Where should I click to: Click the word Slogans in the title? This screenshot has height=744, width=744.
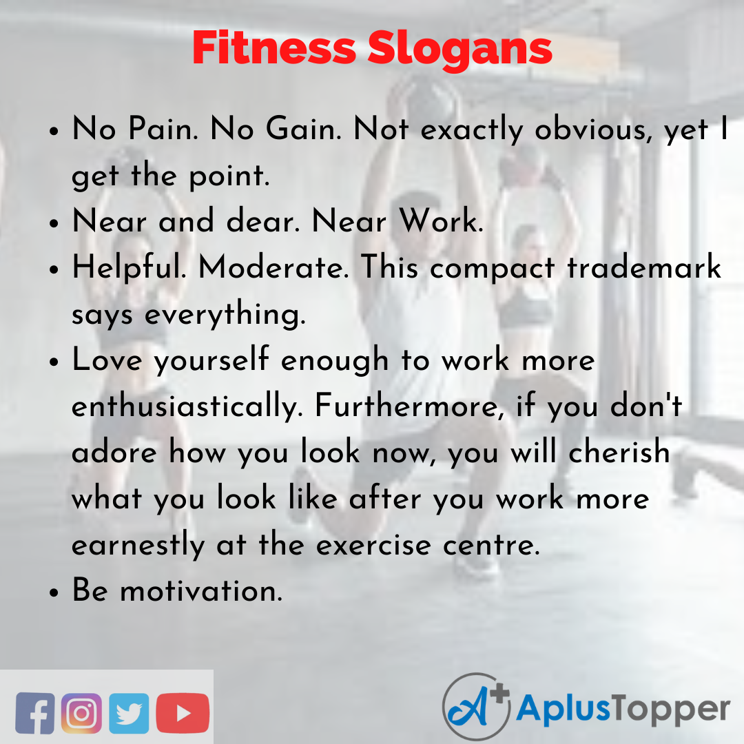click(x=459, y=50)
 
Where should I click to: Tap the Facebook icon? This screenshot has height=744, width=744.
click(x=34, y=712)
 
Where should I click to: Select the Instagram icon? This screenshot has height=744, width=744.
click(x=81, y=712)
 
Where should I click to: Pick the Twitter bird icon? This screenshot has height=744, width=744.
click(x=128, y=712)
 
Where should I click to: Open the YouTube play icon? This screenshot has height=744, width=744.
click(x=182, y=712)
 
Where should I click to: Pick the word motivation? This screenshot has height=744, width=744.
click(x=200, y=591)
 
